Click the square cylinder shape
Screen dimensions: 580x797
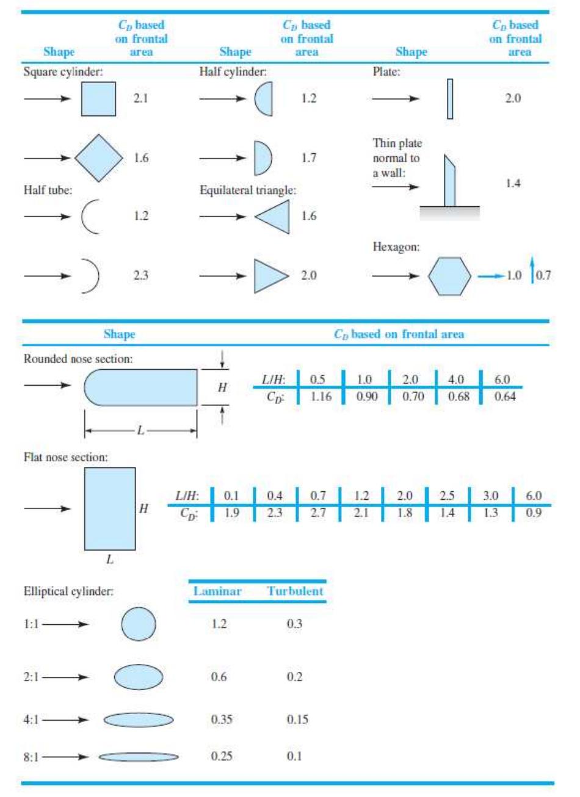tap(98, 99)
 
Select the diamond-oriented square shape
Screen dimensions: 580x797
tap(99, 157)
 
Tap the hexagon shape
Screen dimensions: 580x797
tap(449, 276)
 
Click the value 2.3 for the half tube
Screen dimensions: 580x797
tap(140, 275)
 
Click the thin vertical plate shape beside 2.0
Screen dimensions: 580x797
tap(450, 99)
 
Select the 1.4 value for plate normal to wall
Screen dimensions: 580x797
tap(513, 183)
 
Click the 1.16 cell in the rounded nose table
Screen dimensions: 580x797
tap(321, 396)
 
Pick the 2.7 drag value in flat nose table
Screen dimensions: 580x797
tap(317, 513)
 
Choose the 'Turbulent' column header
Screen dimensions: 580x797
tap(295, 591)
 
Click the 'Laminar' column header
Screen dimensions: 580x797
tap(217, 591)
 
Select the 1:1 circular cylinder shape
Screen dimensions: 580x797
tap(139, 624)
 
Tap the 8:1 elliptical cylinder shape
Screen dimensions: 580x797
tap(139, 757)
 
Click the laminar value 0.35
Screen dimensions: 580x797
tap(222, 719)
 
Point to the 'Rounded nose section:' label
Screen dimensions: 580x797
tap(78, 359)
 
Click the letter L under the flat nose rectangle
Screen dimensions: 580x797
tap(110, 560)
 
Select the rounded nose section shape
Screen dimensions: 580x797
tap(140, 387)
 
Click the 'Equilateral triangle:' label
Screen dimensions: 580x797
tap(248, 190)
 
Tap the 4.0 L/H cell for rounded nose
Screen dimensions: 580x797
tap(455, 380)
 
